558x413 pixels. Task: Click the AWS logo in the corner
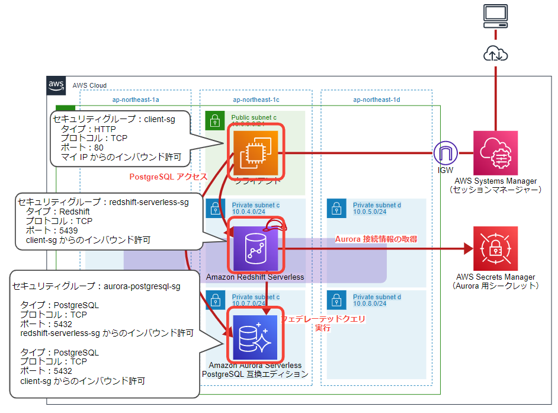click(x=56, y=85)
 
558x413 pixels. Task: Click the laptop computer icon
click(x=495, y=15)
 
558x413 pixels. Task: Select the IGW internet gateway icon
click(x=445, y=153)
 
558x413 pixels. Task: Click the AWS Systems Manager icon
click(x=495, y=153)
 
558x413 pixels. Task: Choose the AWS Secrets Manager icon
click(x=495, y=248)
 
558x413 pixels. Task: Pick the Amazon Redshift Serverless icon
click(x=255, y=248)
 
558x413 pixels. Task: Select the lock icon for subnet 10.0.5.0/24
click(x=336, y=208)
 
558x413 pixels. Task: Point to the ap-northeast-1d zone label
click(x=376, y=100)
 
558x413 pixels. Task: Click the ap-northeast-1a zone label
click(x=136, y=100)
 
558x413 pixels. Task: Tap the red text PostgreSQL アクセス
click(x=168, y=177)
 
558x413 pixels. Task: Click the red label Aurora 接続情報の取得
click(x=376, y=239)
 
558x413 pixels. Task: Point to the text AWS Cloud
click(x=89, y=85)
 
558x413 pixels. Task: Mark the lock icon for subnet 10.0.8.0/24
click(x=336, y=300)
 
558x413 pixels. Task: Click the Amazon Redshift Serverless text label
click(x=255, y=277)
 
